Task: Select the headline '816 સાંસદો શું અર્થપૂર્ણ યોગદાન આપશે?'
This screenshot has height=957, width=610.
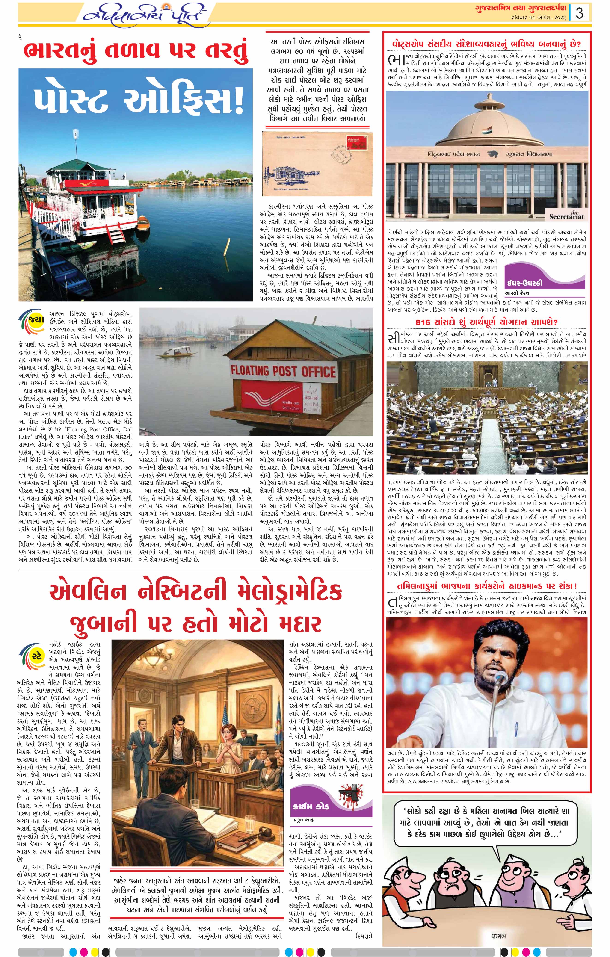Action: click(487, 322)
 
